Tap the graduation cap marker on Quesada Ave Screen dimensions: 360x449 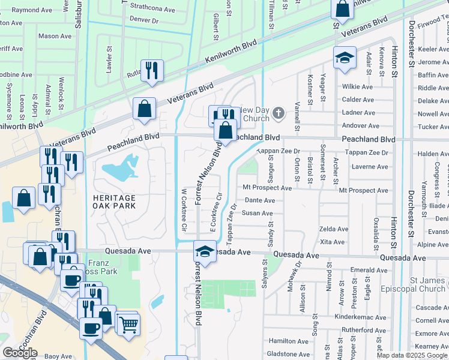205,251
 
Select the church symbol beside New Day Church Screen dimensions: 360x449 278,112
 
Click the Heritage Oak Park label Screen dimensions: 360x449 114,202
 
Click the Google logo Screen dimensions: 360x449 20,353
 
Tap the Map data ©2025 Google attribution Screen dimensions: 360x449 412,355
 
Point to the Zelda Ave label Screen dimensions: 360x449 334,229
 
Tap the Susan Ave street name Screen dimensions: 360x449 257,213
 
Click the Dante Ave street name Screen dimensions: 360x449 259,200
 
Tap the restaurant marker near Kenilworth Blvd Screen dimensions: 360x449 152,71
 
